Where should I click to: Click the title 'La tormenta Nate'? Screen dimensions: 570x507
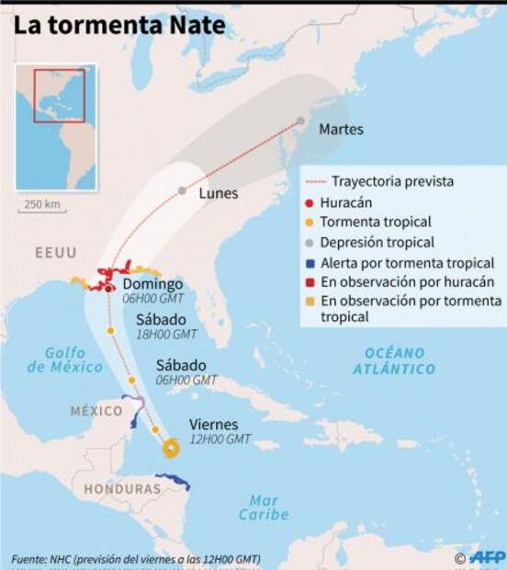click(118, 25)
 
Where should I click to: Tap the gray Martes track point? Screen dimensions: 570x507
click(300, 120)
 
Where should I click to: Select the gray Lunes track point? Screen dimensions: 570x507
click(182, 190)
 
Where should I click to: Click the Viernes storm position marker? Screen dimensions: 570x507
click(170, 448)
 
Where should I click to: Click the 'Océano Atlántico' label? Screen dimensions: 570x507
click(394, 360)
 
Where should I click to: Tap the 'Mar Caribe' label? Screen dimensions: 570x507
click(265, 507)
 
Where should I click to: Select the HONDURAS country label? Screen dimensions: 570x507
click(122, 489)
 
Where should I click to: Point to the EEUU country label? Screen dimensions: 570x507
click(56, 252)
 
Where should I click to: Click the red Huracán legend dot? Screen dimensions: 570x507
click(311, 202)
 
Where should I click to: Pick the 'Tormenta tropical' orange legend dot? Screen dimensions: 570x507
click(311, 222)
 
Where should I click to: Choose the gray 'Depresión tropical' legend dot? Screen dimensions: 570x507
click(311, 243)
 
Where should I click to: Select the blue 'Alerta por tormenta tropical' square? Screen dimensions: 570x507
click(311, 263)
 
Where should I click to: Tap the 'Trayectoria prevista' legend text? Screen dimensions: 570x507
click(392, 182)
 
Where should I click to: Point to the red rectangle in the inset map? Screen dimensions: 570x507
click(60, 95)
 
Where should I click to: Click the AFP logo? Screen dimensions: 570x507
click(486, 557)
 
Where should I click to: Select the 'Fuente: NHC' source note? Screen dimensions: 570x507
click(136, 559)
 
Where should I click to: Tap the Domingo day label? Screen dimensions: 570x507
click(152, 284)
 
